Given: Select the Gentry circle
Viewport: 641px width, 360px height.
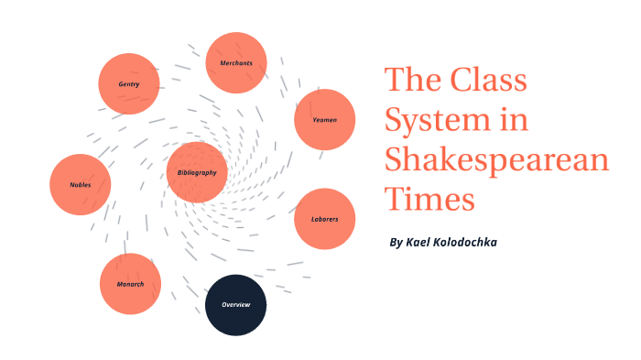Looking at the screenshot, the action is pos(129,84).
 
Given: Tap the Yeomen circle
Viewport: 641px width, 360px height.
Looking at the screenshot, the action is pos(324,119).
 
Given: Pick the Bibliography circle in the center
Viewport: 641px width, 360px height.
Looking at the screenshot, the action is pos(197,172).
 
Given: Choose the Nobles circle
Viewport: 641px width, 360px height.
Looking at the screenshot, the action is pos(81,184).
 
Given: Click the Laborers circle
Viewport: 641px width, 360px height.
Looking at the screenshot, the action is pos(324,219).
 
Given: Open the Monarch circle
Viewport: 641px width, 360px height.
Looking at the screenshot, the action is pos(130,284).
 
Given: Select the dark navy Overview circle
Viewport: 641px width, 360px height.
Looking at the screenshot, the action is pos(235,304).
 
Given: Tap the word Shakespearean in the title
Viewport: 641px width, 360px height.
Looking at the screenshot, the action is pos(496,158).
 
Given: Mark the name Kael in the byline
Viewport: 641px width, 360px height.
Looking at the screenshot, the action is pos(421,242).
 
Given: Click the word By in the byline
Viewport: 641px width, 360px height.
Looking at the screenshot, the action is pos(396,242).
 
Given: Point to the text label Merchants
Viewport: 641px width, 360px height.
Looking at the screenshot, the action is pos(236,63).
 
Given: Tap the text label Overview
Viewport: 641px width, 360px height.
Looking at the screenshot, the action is pos(235,304).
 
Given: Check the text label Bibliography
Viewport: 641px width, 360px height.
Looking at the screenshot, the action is pos(197,172).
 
